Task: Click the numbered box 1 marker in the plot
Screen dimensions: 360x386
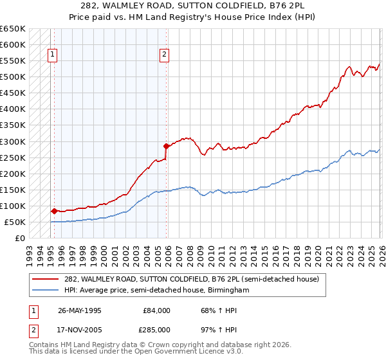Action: pos(52,55)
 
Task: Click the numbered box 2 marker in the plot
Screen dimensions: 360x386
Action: pos(165,55)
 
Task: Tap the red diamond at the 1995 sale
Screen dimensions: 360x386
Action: pos(54,210)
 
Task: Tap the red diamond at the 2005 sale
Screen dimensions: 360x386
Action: pos(166,146)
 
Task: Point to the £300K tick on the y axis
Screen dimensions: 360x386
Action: pos(13,141)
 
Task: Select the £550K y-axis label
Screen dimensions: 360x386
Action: pos(13,61)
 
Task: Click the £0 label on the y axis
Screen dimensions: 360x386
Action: pos(20,239)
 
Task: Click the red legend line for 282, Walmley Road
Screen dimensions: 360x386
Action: pos(46,278)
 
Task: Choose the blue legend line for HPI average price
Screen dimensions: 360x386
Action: pos(46,291)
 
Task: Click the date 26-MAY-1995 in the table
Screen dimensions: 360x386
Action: pos(80,310)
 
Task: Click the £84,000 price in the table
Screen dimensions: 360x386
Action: pos(157,310)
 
